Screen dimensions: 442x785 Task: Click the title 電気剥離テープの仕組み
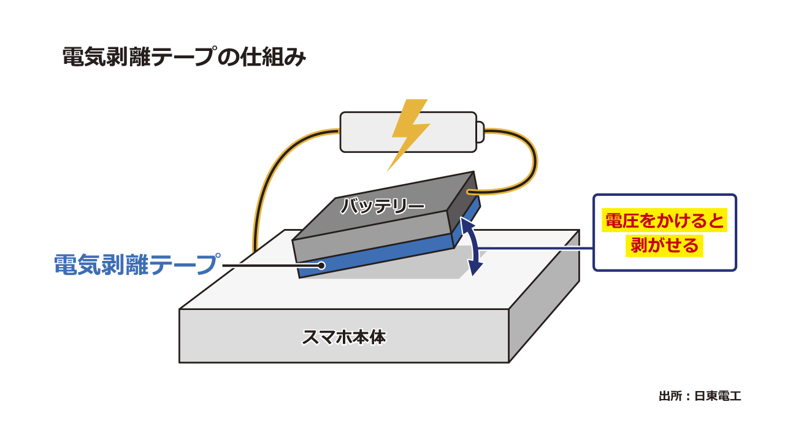tap(184, 58)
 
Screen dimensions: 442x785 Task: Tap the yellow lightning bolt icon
tap(410, 132)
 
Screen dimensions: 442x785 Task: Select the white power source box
tap(368, 132)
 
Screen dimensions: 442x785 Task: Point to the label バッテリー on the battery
tap(382, 206)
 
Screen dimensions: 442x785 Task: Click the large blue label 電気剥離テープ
tap(136, 265)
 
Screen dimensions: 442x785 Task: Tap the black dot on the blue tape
tap(321, 265)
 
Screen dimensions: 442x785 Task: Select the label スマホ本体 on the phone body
tap(344, 337)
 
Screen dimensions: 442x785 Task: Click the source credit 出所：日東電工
tap(700, 396)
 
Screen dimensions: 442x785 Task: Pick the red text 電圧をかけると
tap(665, 221)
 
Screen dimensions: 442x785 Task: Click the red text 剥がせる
tap(665, 246)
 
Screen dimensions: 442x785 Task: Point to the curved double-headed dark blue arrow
tap(471, 249)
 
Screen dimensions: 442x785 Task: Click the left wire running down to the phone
tap(258, 196)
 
